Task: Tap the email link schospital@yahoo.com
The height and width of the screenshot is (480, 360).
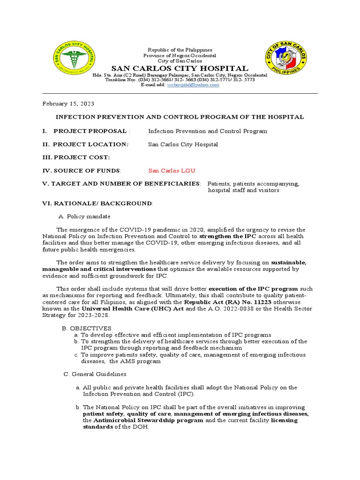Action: pos(193,85)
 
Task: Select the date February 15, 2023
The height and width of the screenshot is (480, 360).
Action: pos(68,103)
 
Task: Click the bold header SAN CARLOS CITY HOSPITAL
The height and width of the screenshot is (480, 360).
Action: pos(180,68)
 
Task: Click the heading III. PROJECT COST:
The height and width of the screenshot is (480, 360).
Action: pos(76,157)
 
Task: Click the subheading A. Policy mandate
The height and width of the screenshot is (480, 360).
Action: pos(84,216)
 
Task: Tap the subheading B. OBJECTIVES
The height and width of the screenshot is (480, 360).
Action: pos(86,328)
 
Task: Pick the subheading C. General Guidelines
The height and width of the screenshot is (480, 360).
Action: pos(95,374)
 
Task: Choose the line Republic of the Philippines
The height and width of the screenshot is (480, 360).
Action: pos(180,50)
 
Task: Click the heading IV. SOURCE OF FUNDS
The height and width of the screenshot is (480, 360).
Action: pos(82,171)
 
